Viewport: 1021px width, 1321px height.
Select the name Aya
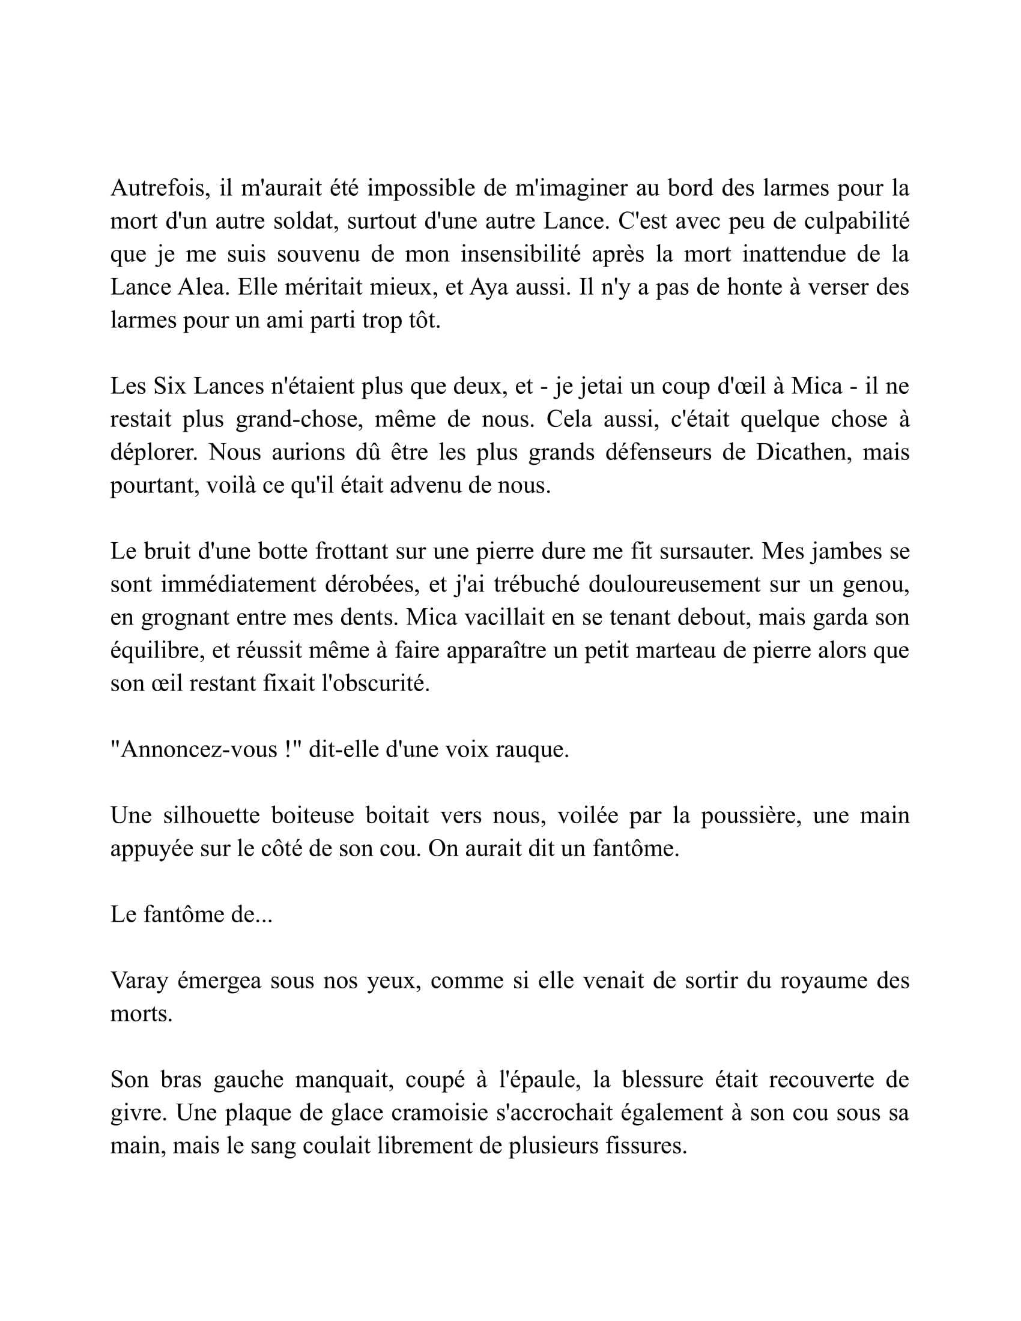pos(488,287)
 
